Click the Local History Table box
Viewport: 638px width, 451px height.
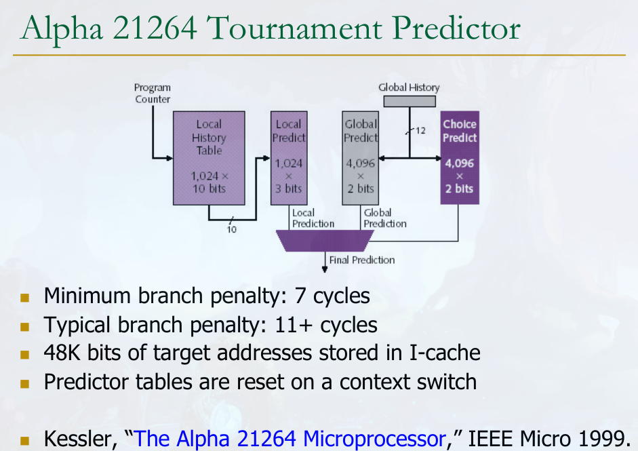pos(209,157)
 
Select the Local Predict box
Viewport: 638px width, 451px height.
pos(288,157)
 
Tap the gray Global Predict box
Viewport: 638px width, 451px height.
pos(360,157)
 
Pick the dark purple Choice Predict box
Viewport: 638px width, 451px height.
pos(460,157)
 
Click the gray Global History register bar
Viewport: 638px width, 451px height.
pos(410,101)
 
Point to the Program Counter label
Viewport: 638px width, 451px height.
pos(153,94)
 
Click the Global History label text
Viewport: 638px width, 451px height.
pos(409,87)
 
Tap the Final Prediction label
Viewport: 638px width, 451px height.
pos(362,260)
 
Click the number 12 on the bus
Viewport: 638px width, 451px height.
pos(420,130)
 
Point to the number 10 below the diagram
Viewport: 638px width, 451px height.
pos(232,229)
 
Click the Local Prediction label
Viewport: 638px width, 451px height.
pos(313,218)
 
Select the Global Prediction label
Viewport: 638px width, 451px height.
pos(384,218)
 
